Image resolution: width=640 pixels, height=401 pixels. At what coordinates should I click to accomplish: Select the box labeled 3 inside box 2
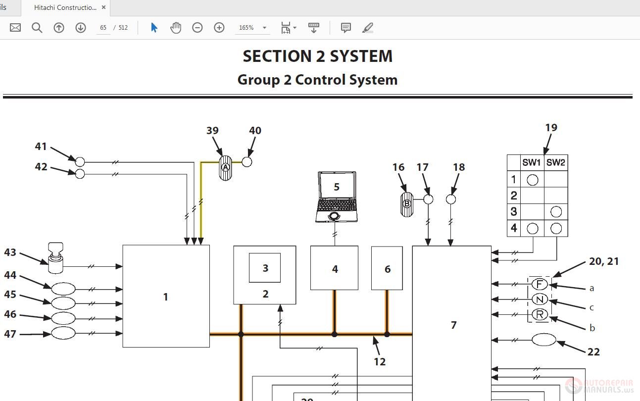coord(265,268)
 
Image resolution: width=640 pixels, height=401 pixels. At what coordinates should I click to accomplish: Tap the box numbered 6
coord(387,268)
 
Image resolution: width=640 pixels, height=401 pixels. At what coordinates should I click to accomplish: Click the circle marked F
coord(540,284)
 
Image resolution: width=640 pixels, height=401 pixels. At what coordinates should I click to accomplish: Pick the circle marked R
coord(540,314)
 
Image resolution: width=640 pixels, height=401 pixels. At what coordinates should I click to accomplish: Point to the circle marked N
coord(540,300)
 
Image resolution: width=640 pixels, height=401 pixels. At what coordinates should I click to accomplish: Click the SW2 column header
coord(555,162)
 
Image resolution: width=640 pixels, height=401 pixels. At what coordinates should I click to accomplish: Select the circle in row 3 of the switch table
coord(556,212)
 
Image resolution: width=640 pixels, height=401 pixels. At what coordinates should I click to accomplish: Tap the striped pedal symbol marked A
coord(225,167)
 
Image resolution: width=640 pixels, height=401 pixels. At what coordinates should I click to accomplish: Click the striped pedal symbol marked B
coord(407,203)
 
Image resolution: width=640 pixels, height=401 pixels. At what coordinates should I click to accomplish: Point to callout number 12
coord(380,362)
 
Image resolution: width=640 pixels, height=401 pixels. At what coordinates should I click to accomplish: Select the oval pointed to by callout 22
coord(544,340)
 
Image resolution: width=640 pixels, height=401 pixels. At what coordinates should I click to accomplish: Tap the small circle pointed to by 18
coord(450,199)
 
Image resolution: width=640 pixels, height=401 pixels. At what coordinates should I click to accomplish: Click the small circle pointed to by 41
coord(80,161)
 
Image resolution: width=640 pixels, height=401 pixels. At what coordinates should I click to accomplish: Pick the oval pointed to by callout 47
coord(63,333)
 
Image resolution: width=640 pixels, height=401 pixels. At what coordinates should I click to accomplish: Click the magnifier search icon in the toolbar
coord(37,28)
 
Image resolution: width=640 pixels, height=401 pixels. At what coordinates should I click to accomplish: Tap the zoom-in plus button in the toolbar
coord(219,28)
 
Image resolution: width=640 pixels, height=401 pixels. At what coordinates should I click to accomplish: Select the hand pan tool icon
coord(176,28)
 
